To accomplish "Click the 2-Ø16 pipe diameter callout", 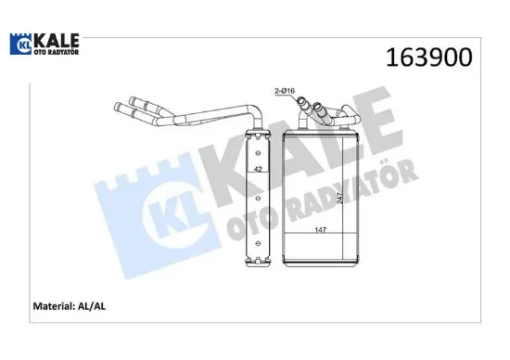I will (287, 90).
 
